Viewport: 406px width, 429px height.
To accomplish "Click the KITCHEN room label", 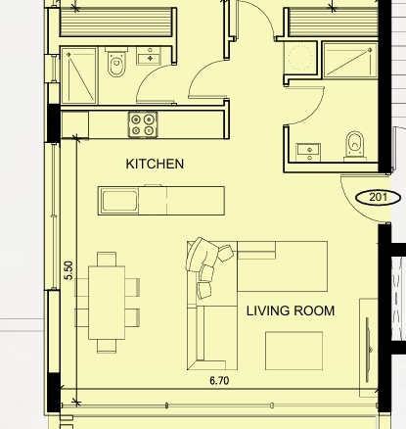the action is (155, 164).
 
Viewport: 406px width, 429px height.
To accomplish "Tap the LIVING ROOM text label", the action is (291, 310).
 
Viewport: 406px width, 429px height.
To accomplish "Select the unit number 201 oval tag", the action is (378, 198).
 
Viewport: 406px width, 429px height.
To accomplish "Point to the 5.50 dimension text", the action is (68, 270).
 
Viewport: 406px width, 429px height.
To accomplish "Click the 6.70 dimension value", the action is (219, 381).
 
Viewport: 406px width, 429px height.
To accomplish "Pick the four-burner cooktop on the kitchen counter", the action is (143, 124).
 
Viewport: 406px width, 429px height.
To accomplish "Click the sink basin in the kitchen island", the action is (119, 201).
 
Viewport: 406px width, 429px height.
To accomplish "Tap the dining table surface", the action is (107, 303).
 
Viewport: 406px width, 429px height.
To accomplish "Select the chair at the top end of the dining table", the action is (107, 259).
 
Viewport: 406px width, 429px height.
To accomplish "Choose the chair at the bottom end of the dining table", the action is (107, 346).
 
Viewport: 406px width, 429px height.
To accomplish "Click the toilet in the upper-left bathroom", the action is (116, 62).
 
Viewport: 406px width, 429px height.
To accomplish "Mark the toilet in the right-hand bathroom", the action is (355, 147).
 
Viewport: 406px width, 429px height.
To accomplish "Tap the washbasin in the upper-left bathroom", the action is (149, 56).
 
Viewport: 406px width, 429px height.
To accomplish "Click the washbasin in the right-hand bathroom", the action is (308, 153).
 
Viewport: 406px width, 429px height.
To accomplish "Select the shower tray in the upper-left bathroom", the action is (79, 75).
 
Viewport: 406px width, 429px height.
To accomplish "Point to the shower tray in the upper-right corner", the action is (350, 61).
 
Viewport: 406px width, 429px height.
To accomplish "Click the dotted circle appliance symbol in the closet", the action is (300, 58).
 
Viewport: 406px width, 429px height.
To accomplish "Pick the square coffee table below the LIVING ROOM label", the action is (293, 351).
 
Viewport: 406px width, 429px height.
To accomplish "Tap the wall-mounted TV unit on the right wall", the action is (369, 348).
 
